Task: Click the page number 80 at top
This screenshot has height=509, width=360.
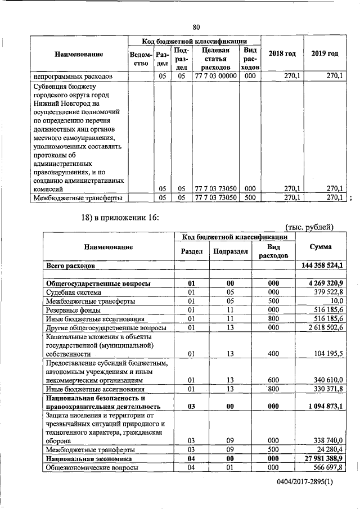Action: [x=196, y=27]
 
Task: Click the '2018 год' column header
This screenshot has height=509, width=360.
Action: [x=281, y=53]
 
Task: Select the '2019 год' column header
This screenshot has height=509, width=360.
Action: [x=325, y=53]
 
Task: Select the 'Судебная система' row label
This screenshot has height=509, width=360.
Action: [x=74, y=292]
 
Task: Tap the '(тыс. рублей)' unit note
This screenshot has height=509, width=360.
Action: [x=310, y=227]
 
